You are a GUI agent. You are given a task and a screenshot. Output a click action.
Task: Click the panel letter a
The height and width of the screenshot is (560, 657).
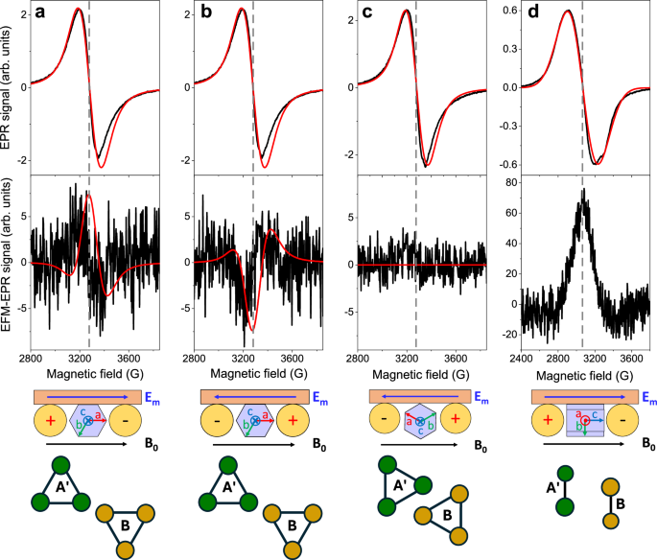click(x=40, y=13)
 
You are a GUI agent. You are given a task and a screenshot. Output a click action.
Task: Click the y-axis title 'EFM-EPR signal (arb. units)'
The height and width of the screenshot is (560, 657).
click(x=8, y=261)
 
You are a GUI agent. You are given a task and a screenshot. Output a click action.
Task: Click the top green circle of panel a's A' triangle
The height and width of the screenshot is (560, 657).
click(x=62, y=465)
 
